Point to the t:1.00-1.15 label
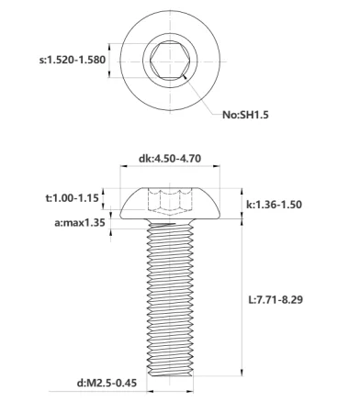tap(72, 197)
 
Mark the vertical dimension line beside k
tap(242, 203)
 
